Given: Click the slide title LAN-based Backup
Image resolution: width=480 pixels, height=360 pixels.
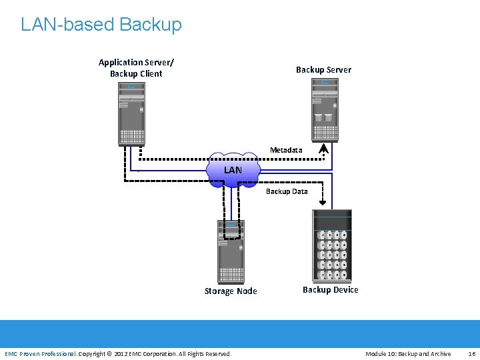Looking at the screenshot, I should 101,25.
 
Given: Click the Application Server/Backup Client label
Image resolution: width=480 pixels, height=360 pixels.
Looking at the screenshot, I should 136,68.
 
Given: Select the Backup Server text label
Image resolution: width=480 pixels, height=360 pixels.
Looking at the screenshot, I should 323,69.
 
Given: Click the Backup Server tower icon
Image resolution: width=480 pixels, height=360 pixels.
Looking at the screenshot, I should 325,110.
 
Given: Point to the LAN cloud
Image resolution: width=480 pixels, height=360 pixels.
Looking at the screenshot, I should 233,170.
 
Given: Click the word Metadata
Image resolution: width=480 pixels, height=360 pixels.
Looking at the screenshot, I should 286,150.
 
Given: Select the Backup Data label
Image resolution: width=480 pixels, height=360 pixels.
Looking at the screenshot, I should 287,191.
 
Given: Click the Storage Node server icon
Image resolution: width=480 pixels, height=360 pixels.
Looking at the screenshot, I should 231,251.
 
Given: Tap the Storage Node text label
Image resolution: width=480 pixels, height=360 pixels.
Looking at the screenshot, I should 231,291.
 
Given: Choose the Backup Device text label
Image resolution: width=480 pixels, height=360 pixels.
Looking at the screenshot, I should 330,289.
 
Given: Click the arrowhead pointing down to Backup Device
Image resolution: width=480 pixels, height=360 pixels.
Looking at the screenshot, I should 323,203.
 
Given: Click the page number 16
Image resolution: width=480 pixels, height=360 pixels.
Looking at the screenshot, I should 472,353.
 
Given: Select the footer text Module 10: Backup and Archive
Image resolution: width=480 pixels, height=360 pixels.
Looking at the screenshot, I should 408,353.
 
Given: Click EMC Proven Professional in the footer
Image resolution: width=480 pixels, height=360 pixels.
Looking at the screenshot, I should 40,353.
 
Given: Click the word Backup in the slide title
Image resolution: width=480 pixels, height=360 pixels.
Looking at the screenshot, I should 151,25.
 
